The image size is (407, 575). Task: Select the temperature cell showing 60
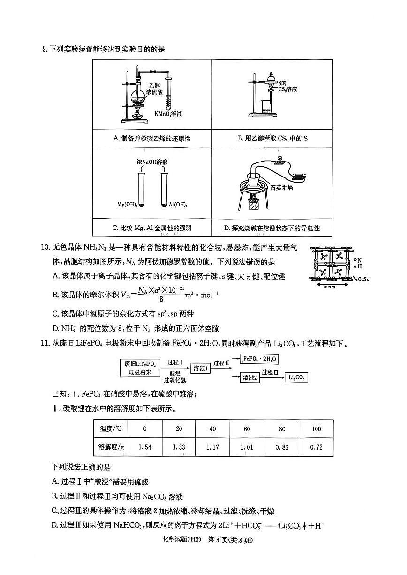click(247, 429)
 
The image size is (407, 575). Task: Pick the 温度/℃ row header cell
click(111, 429)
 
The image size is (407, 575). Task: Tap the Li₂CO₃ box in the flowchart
click(297, 377)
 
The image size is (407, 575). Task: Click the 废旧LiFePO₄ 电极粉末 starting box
click(140, 368)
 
